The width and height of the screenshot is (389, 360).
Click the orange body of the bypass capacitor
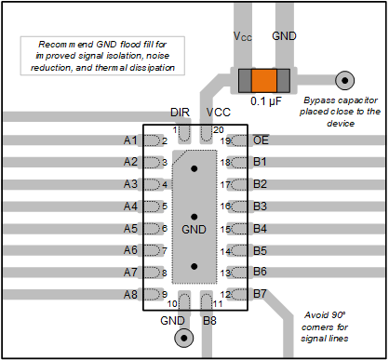(264, 81)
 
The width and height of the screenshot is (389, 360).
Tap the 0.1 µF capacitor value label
(266, 101)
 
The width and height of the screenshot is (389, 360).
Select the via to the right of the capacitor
(344, 81)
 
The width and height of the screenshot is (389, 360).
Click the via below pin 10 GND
(184, 338)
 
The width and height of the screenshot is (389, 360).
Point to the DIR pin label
(180, 113)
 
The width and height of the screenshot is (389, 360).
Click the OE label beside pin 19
(261, 140)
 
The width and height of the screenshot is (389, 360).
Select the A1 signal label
(130, 140)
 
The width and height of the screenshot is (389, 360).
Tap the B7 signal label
(260, 293)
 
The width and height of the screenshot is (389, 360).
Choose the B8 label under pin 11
(209, 320)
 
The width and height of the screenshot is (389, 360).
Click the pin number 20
(219, 130)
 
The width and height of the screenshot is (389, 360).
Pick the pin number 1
(175, 130)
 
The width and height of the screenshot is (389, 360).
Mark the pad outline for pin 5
(152, 207)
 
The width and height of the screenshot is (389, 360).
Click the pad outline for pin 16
(239, 207)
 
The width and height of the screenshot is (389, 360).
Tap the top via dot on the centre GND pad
(194, 168)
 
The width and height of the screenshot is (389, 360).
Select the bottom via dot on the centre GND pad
(194, 266)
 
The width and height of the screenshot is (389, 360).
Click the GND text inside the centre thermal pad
(194, 230)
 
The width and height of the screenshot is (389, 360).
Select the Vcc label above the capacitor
(243, 36)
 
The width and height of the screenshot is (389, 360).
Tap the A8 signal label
(130, 294)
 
